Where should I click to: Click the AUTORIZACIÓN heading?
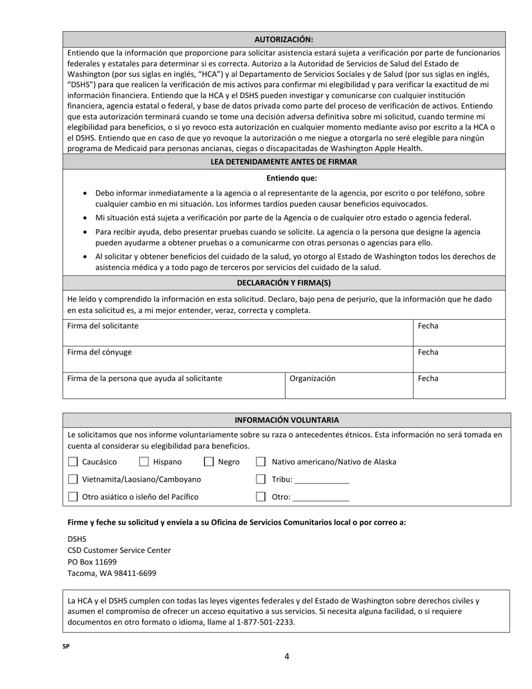coord(283,39)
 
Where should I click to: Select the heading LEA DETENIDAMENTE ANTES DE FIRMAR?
coord(283,161)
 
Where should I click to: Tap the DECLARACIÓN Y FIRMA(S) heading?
coord(283,283)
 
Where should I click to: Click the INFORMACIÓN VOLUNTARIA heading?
coord(286,420)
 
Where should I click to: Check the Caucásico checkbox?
coord(73,462)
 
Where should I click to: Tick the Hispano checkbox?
coord(144,462)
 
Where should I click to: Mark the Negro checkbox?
coord(209,462)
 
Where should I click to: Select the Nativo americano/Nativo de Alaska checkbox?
coord(260,462)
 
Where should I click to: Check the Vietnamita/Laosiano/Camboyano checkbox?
coord(73,479)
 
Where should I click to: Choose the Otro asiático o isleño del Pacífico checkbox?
coord(73,497)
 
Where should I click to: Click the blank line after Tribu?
coord(321,480)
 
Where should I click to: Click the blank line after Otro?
coord(320,497)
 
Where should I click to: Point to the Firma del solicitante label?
coord(102,326)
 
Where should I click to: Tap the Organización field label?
coord(312,379)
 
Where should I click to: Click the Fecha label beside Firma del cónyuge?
coord(428,352)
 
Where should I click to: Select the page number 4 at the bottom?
coord(287,657)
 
